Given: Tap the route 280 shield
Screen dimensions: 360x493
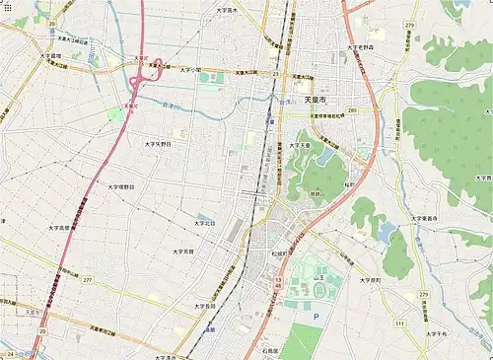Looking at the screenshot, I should (351, 111).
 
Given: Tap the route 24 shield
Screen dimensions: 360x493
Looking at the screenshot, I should (9, 354).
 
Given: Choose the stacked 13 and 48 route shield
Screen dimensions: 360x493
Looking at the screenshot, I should (279, 283).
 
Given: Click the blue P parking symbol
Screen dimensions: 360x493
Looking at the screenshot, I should (317, 318).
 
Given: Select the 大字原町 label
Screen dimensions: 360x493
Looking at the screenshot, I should (370, 280).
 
